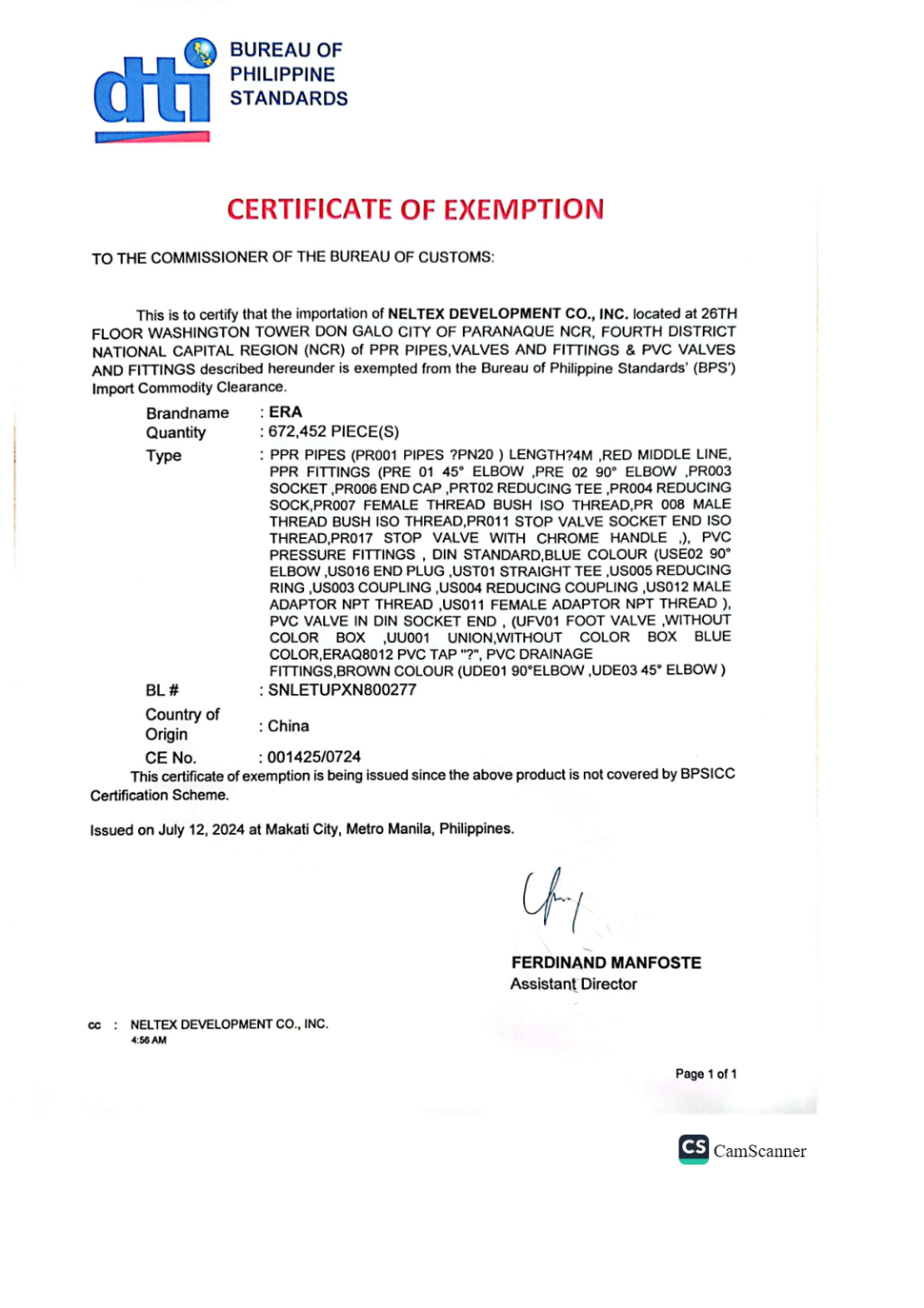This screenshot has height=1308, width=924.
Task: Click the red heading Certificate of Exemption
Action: point(415,209)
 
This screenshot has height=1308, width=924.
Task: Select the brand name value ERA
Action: point(285,412)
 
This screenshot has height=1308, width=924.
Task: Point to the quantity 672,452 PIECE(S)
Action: point(334,431)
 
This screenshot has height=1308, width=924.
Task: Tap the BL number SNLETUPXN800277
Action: point(342,690)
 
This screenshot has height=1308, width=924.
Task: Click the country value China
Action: point(289,726)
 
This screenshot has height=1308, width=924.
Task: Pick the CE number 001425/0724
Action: point(314,756)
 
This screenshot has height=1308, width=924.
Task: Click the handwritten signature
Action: point(550,898)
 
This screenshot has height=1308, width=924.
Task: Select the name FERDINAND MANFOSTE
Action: point(605,963)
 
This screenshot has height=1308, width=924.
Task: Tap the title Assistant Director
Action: point(573,984)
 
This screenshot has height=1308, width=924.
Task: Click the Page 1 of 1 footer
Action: point(706,1074)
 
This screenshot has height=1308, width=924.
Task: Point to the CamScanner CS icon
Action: point(694,1148)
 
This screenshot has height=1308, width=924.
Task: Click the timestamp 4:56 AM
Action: point(149,1041)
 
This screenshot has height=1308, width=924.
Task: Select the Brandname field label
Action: point(188,413)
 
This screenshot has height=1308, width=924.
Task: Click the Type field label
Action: point(164,456)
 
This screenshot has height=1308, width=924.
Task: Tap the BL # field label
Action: point(162,691)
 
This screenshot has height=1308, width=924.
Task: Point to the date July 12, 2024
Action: point(201,830)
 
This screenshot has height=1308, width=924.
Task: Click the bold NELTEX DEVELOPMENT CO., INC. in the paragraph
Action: point(508,314)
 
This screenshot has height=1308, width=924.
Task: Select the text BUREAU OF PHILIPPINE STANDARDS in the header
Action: point(288,74)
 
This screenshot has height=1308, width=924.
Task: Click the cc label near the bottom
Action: point(95,1025)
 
